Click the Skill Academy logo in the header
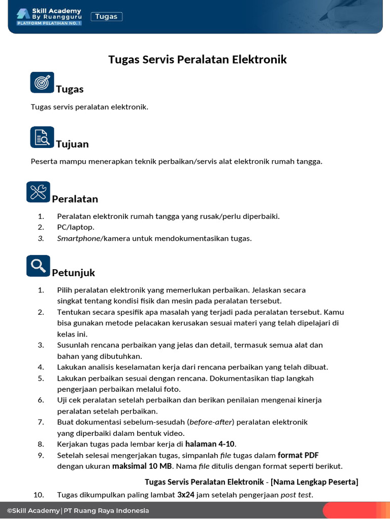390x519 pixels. [x=49, y=17]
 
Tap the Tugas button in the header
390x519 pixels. [x=106, y=17]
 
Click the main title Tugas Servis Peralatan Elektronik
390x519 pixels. [x=198, y=60]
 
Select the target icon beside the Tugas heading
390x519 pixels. [x=42, y=82]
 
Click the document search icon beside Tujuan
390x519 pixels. [x=42, y=137]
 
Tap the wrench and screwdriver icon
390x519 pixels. [x=38, y=192]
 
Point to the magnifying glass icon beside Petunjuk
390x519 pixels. [x=38, y=266]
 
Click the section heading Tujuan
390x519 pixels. [x=72, y=144]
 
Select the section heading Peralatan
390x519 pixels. [x=75, y=199]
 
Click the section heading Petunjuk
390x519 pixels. [x=73, y=273]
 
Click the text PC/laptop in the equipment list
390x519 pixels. [x=76, y=228]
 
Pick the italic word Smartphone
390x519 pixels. [x=79, y=239]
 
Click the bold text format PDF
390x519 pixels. [x=298, y=455]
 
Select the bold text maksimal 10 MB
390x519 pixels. [x=142, y=466]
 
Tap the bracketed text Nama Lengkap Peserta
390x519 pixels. [x=314, y=481]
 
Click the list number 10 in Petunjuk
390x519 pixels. [x=39, y=495]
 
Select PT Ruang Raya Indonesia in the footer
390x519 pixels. [x=107, y=511]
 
